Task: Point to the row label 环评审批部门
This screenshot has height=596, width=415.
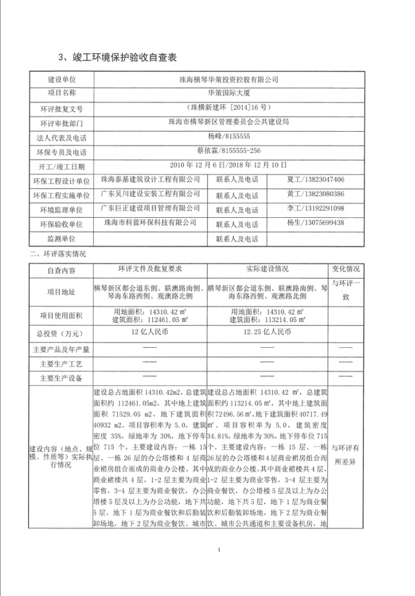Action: pyautogui.click(x=62, y=124)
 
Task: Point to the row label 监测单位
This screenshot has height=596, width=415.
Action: pyautogui.click(x=62, y=239)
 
